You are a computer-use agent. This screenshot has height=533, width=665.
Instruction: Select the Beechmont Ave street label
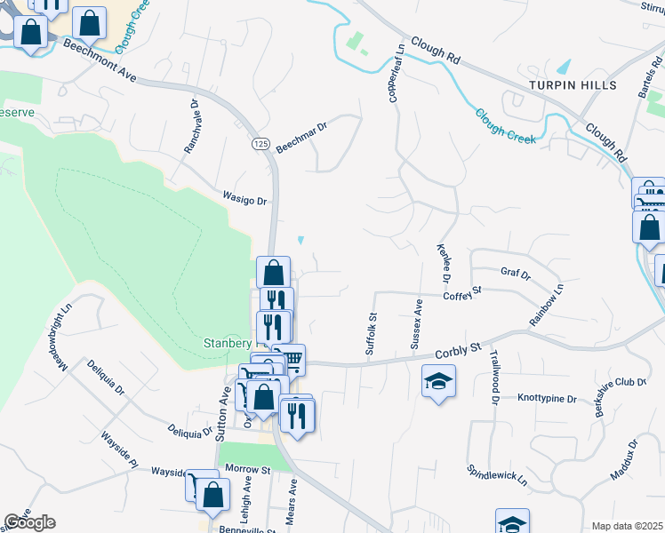pos(99,65)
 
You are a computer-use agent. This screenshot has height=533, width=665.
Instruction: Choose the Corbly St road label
pos(457,352)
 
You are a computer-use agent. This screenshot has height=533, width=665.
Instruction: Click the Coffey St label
pos(462,292)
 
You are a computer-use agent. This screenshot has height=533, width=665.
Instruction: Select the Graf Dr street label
pos(515,274)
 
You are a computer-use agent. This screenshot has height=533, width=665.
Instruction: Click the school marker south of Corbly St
pos(437,383)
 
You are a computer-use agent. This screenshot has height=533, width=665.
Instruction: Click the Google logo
pos(29,522)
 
